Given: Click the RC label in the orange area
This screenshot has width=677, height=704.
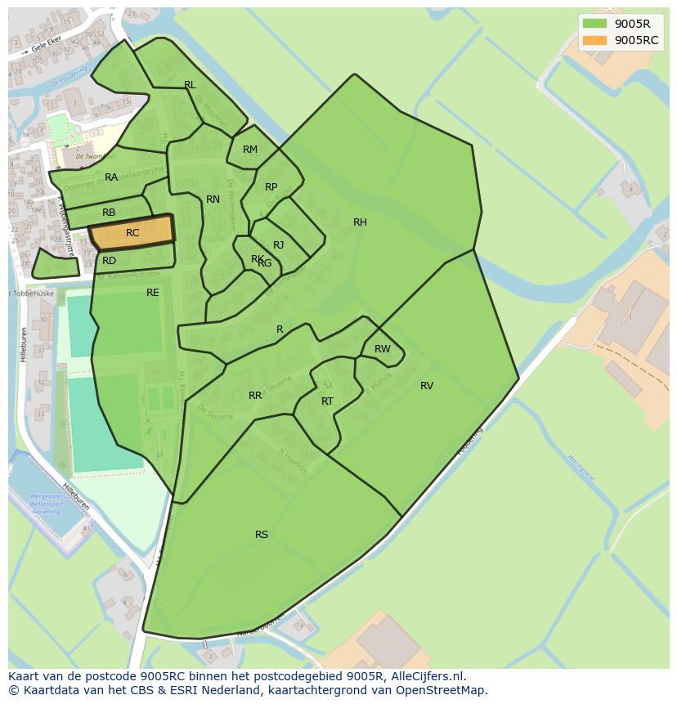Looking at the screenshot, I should click(x=132, y=233).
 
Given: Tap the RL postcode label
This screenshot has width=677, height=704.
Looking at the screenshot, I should click(x=190, y=85).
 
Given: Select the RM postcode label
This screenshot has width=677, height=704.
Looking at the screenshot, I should click(x=250, y=150).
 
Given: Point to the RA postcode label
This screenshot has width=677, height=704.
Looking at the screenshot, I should click(x=111, y=177).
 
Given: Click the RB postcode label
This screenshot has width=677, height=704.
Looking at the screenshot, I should click(x=109, y=213).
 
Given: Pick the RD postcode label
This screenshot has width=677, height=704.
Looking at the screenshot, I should click(x=109, y=261).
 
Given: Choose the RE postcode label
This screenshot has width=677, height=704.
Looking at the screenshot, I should click(x=153, y=293).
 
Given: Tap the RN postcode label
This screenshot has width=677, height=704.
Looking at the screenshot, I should click(x=213, y=200).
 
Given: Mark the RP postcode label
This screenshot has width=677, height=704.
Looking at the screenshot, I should click(x=271, y=187).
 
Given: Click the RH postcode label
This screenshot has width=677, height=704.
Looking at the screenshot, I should click(x=360, y=222).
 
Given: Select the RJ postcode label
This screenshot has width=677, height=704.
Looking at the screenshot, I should click(x=279, y=245).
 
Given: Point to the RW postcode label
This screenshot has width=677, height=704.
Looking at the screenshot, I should click(x=382, y=349).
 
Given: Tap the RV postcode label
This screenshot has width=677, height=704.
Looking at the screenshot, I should click(x=427, y=386).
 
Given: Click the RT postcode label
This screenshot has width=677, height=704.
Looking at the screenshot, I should click(x=327, y=401).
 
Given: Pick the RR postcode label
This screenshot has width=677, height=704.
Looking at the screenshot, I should click(x=255, y=396).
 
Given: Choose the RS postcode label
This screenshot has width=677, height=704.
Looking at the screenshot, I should click(x=262, y=535).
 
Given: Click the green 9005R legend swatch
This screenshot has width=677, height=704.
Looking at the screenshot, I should click(x=594, y=23).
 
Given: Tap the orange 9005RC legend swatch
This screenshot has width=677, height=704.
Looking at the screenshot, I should click(x=594, y=40).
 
